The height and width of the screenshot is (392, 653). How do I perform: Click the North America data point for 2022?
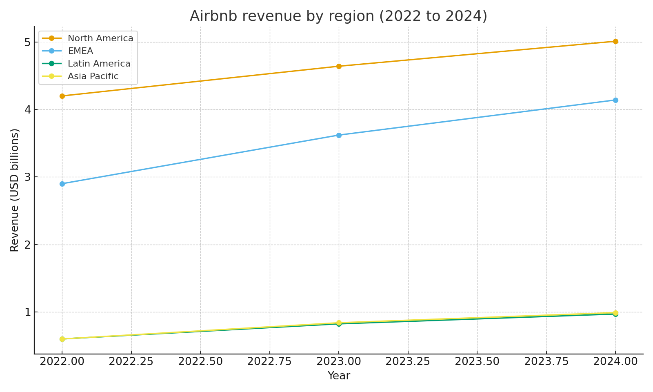(62, 96)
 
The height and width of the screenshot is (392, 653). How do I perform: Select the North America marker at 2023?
(339, 66)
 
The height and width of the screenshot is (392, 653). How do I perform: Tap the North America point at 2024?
(615, 41)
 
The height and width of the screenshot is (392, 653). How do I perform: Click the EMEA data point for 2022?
(62, 184)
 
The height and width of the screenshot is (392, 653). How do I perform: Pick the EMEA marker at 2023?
(339, 135)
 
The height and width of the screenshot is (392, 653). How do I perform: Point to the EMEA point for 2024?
(615, 100)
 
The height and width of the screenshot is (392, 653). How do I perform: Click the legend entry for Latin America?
(99, 64)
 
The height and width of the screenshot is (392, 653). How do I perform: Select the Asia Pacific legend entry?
(93, 76)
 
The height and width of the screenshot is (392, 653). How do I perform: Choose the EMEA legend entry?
(80, 51)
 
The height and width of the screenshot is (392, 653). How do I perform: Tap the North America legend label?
(100, 38)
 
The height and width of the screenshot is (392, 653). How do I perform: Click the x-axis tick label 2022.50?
(200, 362)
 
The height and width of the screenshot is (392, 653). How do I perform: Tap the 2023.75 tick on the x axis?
(546, 362)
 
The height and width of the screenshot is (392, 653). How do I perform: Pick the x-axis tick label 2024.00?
(615, 362)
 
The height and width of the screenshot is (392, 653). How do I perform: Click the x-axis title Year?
(339, 376)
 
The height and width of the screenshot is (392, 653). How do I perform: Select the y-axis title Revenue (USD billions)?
(15, 190)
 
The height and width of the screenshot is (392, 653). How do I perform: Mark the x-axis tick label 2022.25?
(131, 362)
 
